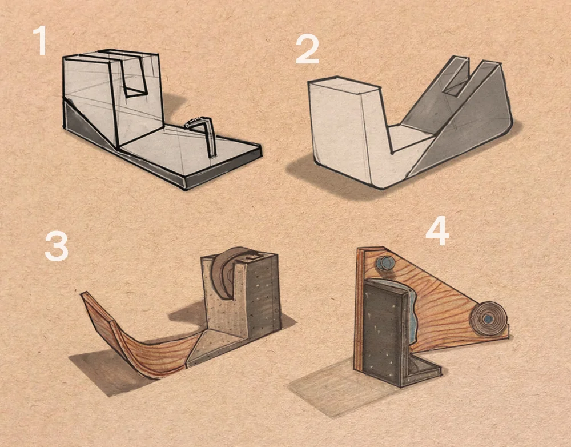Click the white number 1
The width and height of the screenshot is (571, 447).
(x=40, y=41)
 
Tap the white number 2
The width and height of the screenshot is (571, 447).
(x=307, y=50)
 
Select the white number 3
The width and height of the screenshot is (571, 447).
(x=57, y=247)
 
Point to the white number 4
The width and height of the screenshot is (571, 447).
(x=437, y=230)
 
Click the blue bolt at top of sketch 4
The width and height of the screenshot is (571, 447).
(x=383, y=263)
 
